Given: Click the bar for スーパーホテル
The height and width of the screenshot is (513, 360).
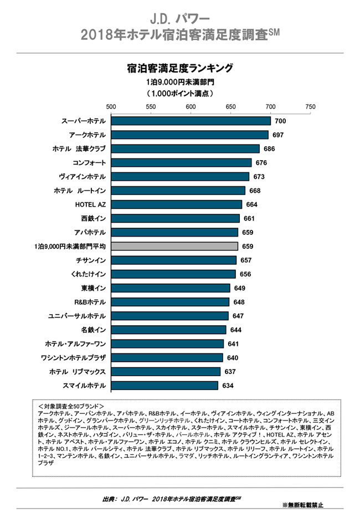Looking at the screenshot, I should pos(191,121).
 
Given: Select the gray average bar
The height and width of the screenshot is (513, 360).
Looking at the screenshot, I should pos(174,246).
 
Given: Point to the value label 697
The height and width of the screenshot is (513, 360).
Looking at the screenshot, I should pos(278,135).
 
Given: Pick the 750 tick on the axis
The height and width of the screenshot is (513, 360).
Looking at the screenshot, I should pos(310,106).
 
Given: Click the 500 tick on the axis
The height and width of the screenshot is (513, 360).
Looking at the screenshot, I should pos(111,106).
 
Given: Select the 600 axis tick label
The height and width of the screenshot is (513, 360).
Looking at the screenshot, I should pos(191,106).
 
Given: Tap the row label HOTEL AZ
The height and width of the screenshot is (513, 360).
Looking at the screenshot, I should pos(90,204).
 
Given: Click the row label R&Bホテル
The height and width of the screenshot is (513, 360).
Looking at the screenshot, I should pos(90,302).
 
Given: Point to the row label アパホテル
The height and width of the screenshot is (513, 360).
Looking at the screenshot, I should pos(90,232).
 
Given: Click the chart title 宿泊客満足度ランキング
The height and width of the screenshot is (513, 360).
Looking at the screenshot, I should pos(179,69).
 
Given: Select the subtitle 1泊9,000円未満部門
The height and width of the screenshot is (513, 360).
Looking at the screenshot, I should pos(179,82).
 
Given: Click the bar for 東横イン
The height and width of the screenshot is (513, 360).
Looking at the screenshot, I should pos(170,288).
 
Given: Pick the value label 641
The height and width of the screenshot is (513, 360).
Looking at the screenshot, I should pos(233,343).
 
